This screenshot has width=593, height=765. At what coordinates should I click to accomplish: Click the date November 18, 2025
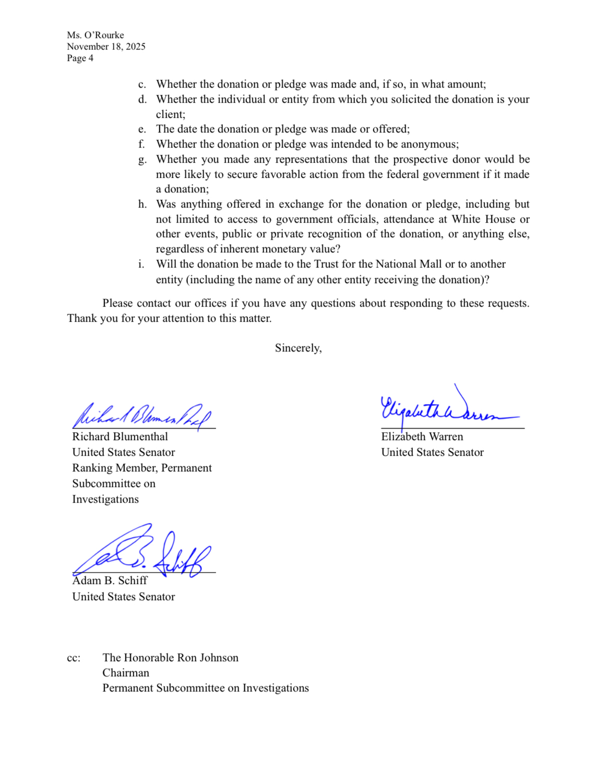[106, 46]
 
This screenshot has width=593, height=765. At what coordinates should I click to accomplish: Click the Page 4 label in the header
[80, 58]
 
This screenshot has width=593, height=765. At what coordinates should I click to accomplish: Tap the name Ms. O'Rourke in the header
[96, 35]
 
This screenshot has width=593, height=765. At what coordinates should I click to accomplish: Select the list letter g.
[142, 160]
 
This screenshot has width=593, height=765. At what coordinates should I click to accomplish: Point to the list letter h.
[142, 204]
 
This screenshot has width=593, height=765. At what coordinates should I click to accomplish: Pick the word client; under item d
[171, 115]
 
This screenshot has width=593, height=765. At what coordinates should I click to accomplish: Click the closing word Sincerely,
[298, 348]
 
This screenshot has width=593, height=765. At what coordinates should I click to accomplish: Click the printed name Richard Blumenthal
[120, 436]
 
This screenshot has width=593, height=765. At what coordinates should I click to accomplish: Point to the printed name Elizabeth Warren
[422, 436]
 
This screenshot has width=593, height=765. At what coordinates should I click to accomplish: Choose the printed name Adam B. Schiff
[110, 580]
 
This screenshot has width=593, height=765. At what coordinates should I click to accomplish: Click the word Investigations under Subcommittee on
[105, 499]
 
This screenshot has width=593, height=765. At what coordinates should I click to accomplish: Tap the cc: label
[74, 658]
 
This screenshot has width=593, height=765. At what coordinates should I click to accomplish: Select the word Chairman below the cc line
[126, 673]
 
